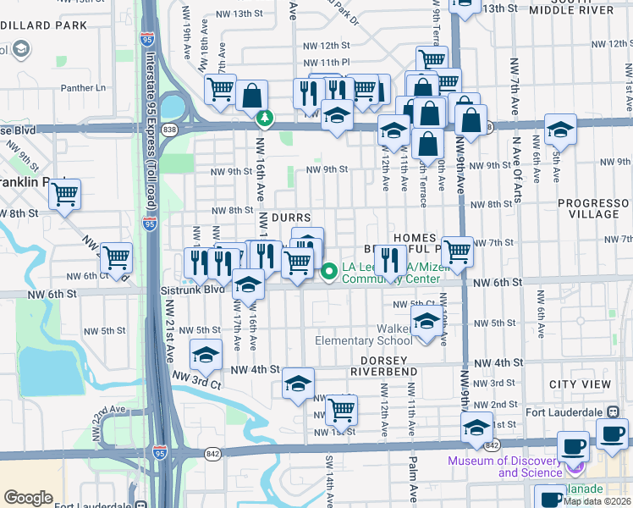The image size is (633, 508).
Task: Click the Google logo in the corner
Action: pos(28,498)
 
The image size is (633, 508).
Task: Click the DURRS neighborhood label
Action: pos(292,218)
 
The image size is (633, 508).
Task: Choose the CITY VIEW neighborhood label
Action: pos(580,384)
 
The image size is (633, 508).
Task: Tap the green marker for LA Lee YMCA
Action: pos(329,271)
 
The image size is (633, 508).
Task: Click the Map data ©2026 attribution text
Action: pos(597,500)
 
